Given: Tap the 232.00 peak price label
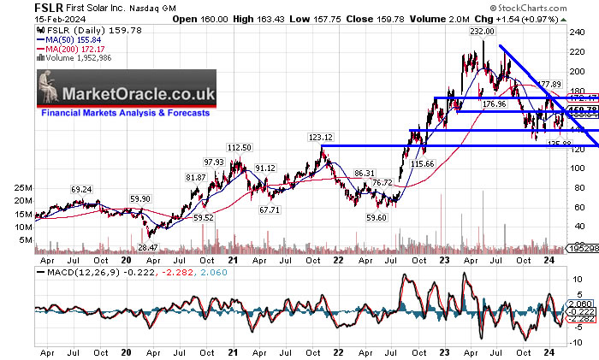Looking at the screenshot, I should [x=483, y=31].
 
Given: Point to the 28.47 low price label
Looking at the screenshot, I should [x=148, y=246].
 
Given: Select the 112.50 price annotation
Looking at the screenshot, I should [x=238, y=147].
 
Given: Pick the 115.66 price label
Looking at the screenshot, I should [x=423, y=163].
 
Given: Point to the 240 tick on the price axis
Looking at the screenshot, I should [x=579, y=31].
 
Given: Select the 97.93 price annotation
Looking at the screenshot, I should [x=213, y=162].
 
